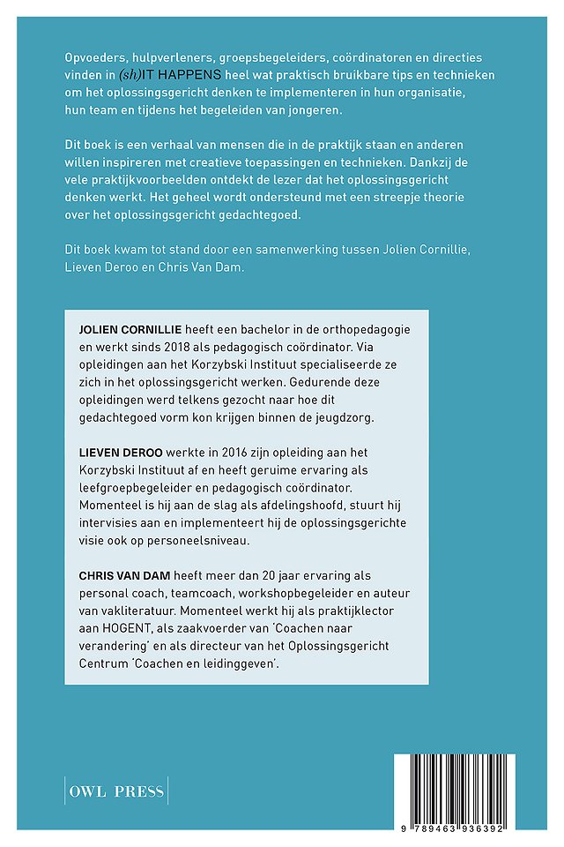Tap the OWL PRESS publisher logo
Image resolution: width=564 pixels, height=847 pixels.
point(116,791)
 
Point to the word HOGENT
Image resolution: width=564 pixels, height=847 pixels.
point(123,627)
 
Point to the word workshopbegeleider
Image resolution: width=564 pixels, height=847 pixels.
point(293,592)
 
